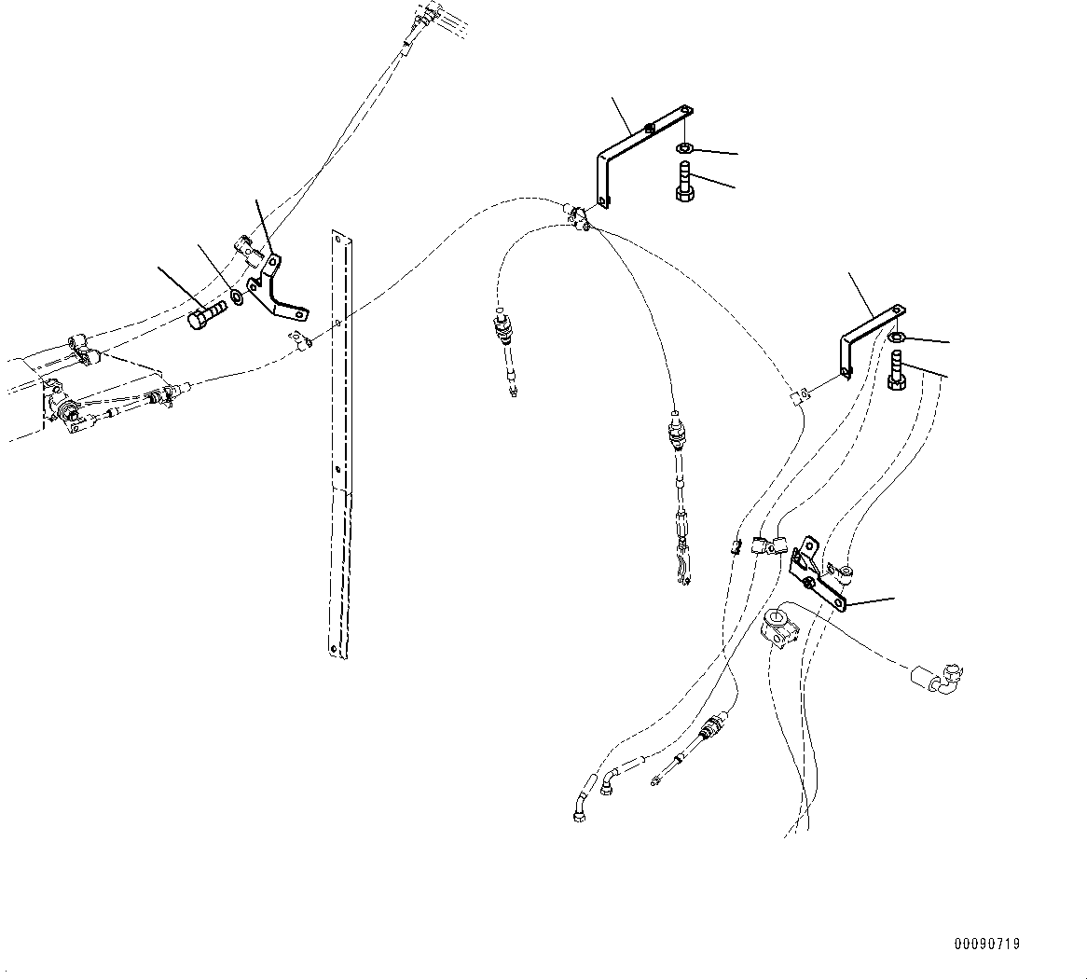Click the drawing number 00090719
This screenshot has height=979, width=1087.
986,945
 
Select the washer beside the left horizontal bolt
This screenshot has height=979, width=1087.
237,297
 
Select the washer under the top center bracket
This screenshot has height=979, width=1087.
685,148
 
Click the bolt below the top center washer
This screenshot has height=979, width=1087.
684,182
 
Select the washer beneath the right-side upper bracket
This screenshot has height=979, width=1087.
896,337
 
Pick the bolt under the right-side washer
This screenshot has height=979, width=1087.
896,372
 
